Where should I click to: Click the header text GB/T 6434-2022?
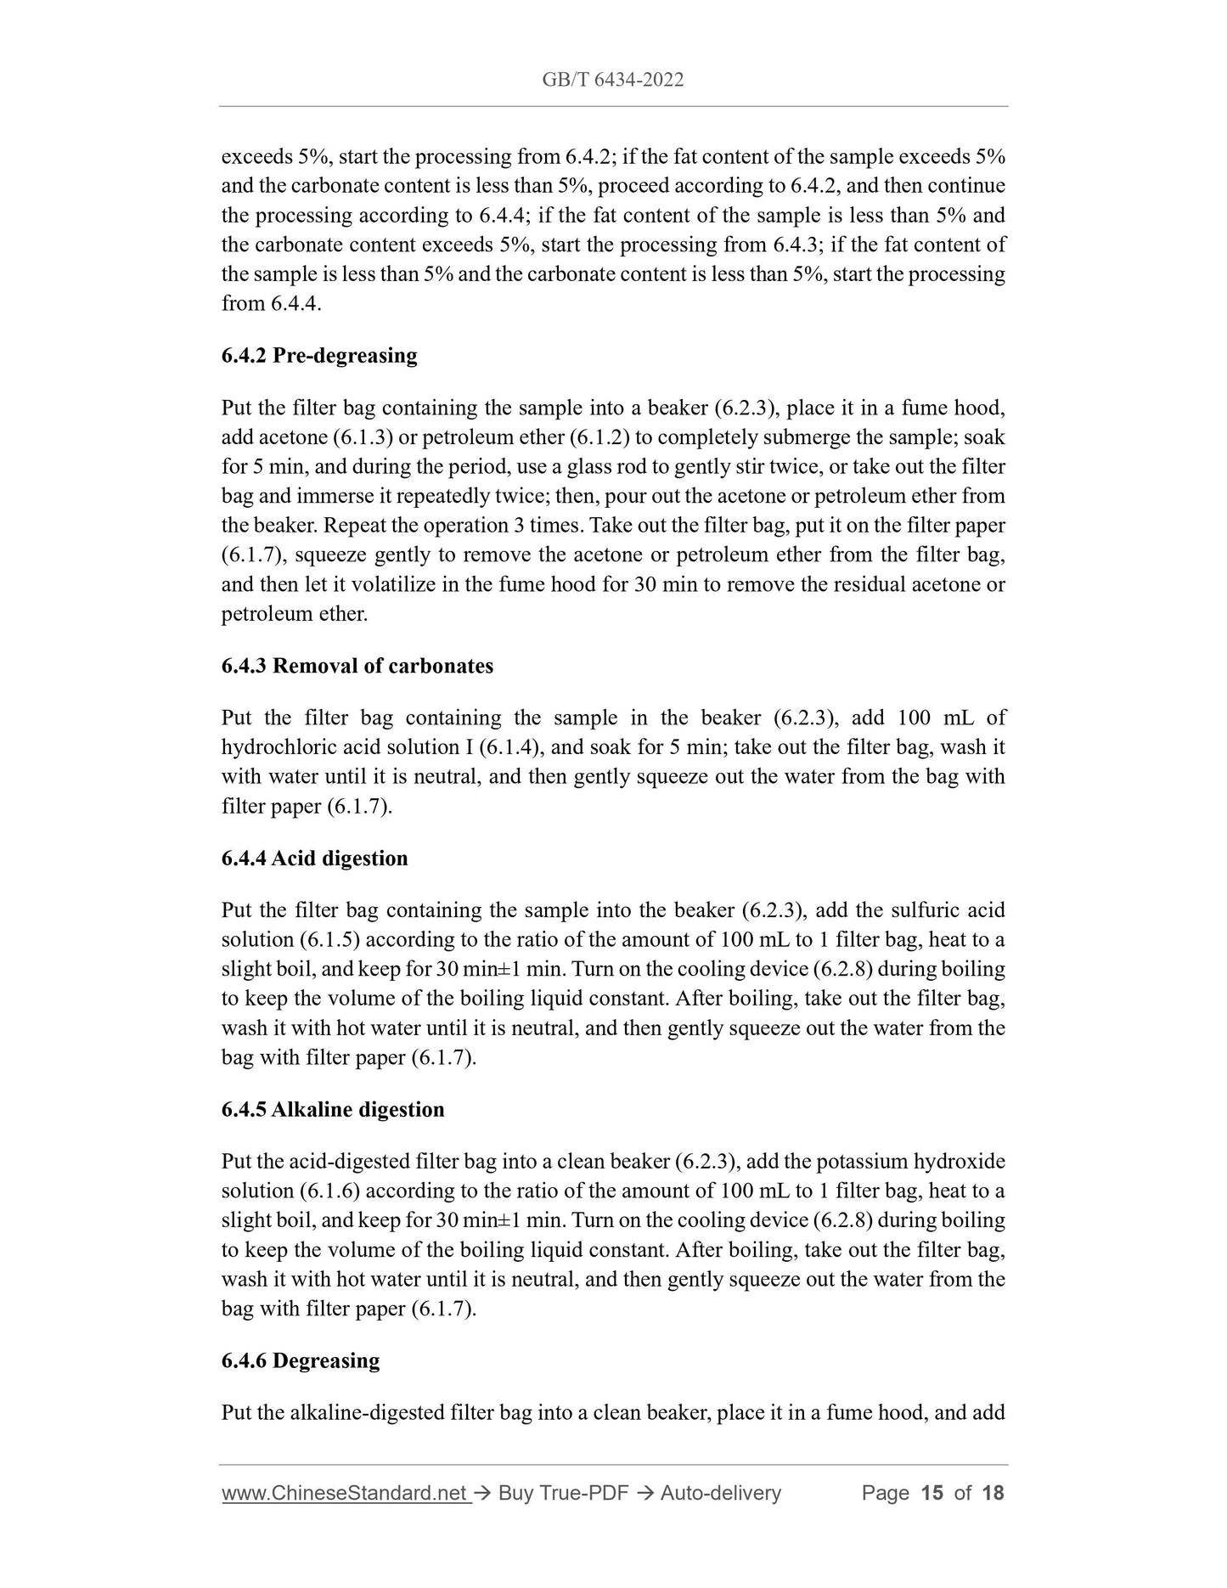point(613,80)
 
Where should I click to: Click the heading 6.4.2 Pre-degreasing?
point(319,355)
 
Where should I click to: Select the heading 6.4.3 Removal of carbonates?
point(357,666)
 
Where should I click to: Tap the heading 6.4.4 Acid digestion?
point(315,858)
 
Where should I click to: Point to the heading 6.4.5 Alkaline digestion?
point(333,1109)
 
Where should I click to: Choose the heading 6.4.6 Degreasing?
point(301,1360)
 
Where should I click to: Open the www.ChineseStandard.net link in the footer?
point(345,1492)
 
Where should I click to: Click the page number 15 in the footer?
point(932,1492)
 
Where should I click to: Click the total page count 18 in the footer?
point(993,1492)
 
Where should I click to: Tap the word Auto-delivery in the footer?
point(720,1492)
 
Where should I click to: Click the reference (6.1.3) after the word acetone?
point(329,437)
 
